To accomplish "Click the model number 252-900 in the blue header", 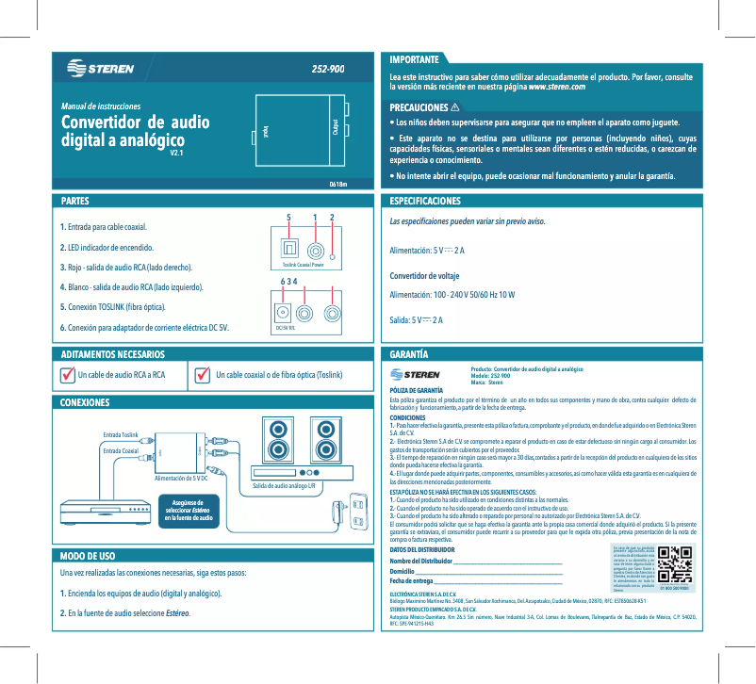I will click(x=328, y=70).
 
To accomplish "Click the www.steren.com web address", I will click(x=558, y=87).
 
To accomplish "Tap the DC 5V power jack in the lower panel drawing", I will click(x=281, y=313).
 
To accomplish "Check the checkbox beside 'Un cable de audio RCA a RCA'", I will click(x=66, y=375).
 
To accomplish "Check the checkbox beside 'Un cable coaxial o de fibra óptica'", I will click(x=201, y=375).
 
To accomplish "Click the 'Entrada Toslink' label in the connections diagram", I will click(x=120, y=433).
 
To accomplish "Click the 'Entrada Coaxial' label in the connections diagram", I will click(x=120, y=451).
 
